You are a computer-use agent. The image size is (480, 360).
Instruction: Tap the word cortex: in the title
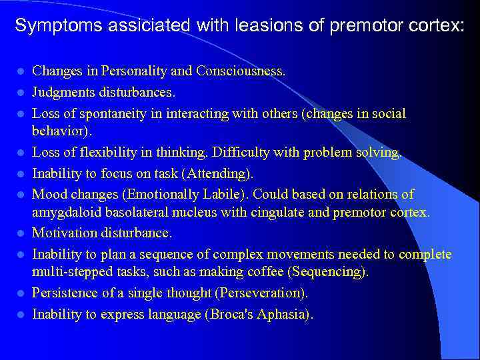[x=433, y=26]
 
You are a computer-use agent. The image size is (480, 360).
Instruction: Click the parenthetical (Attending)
[x=219, y=174]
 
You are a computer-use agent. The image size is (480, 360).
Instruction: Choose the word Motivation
[x=63, y=233]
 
